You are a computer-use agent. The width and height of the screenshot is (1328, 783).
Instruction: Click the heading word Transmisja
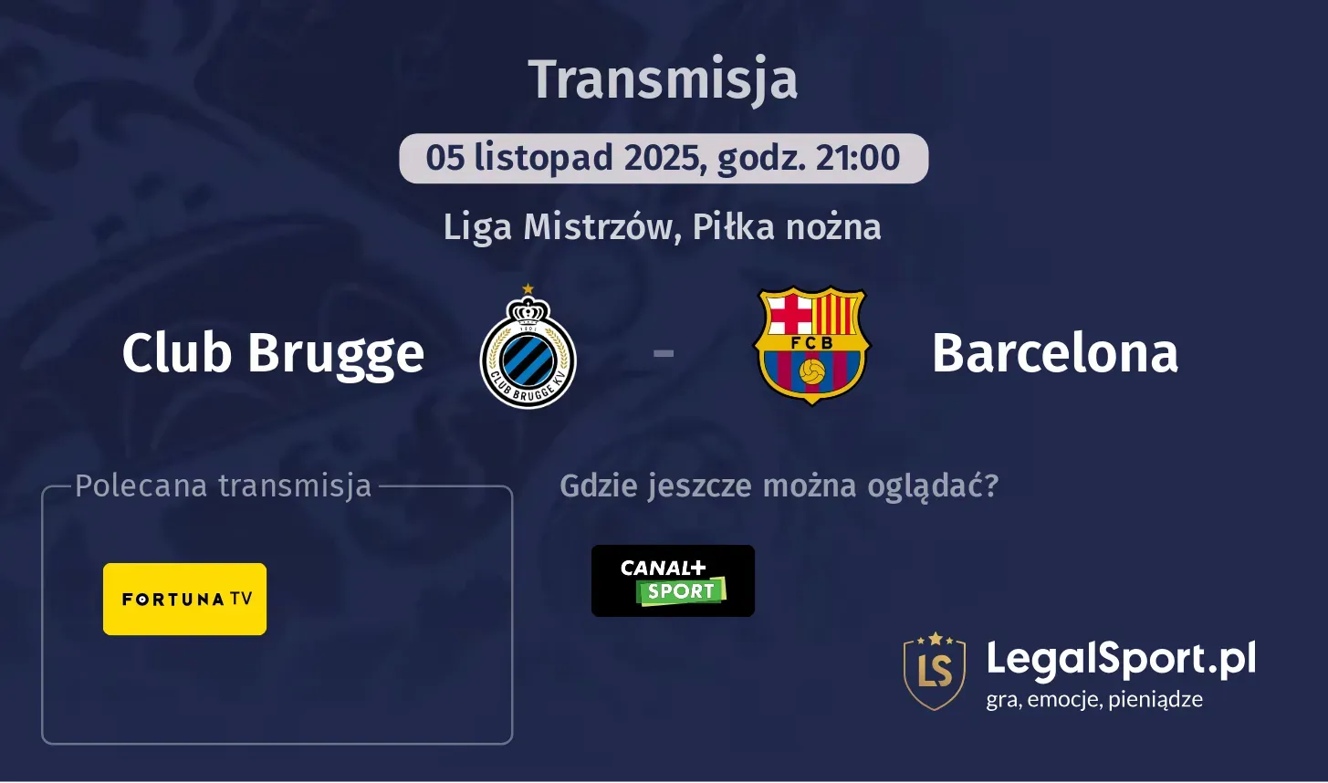664,79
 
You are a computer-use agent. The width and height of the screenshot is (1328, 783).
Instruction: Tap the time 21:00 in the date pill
858,158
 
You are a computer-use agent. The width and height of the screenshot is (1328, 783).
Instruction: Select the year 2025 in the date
664,158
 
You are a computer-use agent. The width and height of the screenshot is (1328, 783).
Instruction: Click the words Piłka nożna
787,226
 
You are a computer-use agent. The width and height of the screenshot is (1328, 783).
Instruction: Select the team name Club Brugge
273,352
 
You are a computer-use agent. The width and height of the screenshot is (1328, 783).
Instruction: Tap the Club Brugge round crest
528,355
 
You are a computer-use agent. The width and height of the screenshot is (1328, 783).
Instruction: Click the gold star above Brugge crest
528,289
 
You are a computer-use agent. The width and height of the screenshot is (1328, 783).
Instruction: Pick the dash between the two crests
664,351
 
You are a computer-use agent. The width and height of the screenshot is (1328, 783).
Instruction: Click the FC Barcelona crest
811,346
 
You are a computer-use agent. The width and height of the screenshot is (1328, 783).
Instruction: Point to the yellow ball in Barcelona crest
811,371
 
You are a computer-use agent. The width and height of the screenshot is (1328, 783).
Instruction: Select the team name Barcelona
1055,352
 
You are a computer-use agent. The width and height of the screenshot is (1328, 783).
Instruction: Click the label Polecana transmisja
224,485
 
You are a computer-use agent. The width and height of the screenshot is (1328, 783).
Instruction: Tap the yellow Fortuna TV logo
184,599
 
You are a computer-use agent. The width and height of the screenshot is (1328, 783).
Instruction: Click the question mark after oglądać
992,485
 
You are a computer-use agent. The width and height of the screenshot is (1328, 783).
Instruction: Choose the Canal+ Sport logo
673,580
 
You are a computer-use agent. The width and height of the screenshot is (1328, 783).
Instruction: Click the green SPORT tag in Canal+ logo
681,591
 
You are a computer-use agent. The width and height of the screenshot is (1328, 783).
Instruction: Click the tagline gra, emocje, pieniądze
1094,700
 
